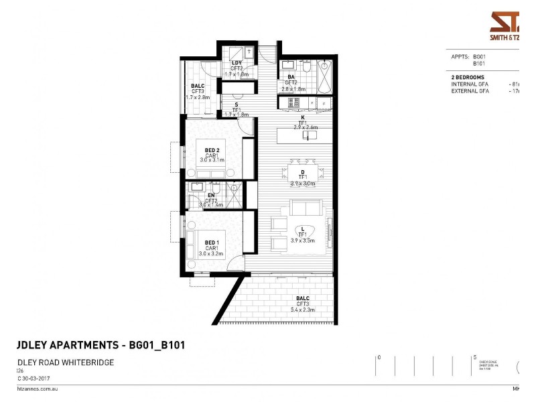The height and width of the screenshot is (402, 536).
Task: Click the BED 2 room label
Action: coord(212,149)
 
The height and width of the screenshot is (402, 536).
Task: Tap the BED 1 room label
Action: coord(212,242)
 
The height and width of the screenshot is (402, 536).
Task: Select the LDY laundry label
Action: coord(237,63)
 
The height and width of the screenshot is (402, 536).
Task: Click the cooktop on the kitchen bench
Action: coord(293,103)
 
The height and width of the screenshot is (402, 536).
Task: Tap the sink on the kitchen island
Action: coord(309,135)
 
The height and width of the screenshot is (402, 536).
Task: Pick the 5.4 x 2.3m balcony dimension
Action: coord(304,309)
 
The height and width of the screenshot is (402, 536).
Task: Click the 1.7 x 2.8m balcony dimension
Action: coord(198,97)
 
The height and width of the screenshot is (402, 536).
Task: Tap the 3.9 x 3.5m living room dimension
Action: coord(303,240)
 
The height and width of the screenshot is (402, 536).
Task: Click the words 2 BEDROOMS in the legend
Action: coord(468,78)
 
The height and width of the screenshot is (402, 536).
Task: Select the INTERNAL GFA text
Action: coord(471,84)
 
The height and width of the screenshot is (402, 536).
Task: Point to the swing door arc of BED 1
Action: coord(237,265)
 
